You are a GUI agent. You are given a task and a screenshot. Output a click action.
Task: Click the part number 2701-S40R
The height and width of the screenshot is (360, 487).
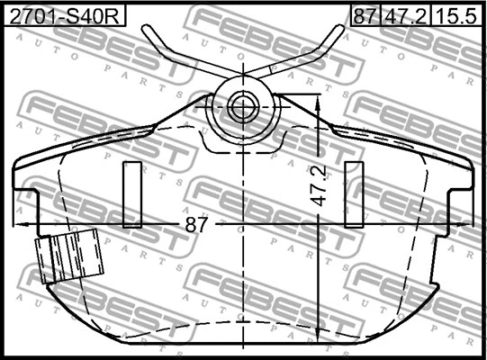(64, 16)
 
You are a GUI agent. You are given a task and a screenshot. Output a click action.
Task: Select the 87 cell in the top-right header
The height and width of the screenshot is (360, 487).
(365, 15)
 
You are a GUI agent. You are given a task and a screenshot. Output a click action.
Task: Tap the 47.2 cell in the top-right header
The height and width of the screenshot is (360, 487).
(405, 15)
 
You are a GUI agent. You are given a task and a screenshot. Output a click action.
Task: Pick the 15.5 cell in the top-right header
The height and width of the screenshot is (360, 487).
(455, 15)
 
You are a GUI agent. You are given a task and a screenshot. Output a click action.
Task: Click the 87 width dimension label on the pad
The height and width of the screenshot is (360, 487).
(196, 224)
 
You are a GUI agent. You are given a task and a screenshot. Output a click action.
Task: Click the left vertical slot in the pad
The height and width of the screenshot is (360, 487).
(132, 194)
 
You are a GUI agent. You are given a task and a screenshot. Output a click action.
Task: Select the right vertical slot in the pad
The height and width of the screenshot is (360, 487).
(354, 194)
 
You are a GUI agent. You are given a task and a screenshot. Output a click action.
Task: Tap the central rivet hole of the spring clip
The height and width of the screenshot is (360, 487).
(243, 106)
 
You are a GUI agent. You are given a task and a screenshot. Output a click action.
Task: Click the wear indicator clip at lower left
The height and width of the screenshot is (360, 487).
(69, 256)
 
